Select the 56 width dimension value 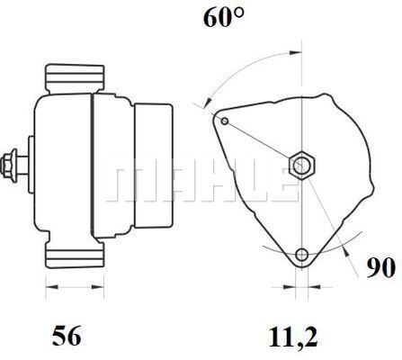pyautogui.click(x=67, y=336)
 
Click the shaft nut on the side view pyautogui.click(x=13, y=165)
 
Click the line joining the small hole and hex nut pyautogui.click(x=261, y=141)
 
